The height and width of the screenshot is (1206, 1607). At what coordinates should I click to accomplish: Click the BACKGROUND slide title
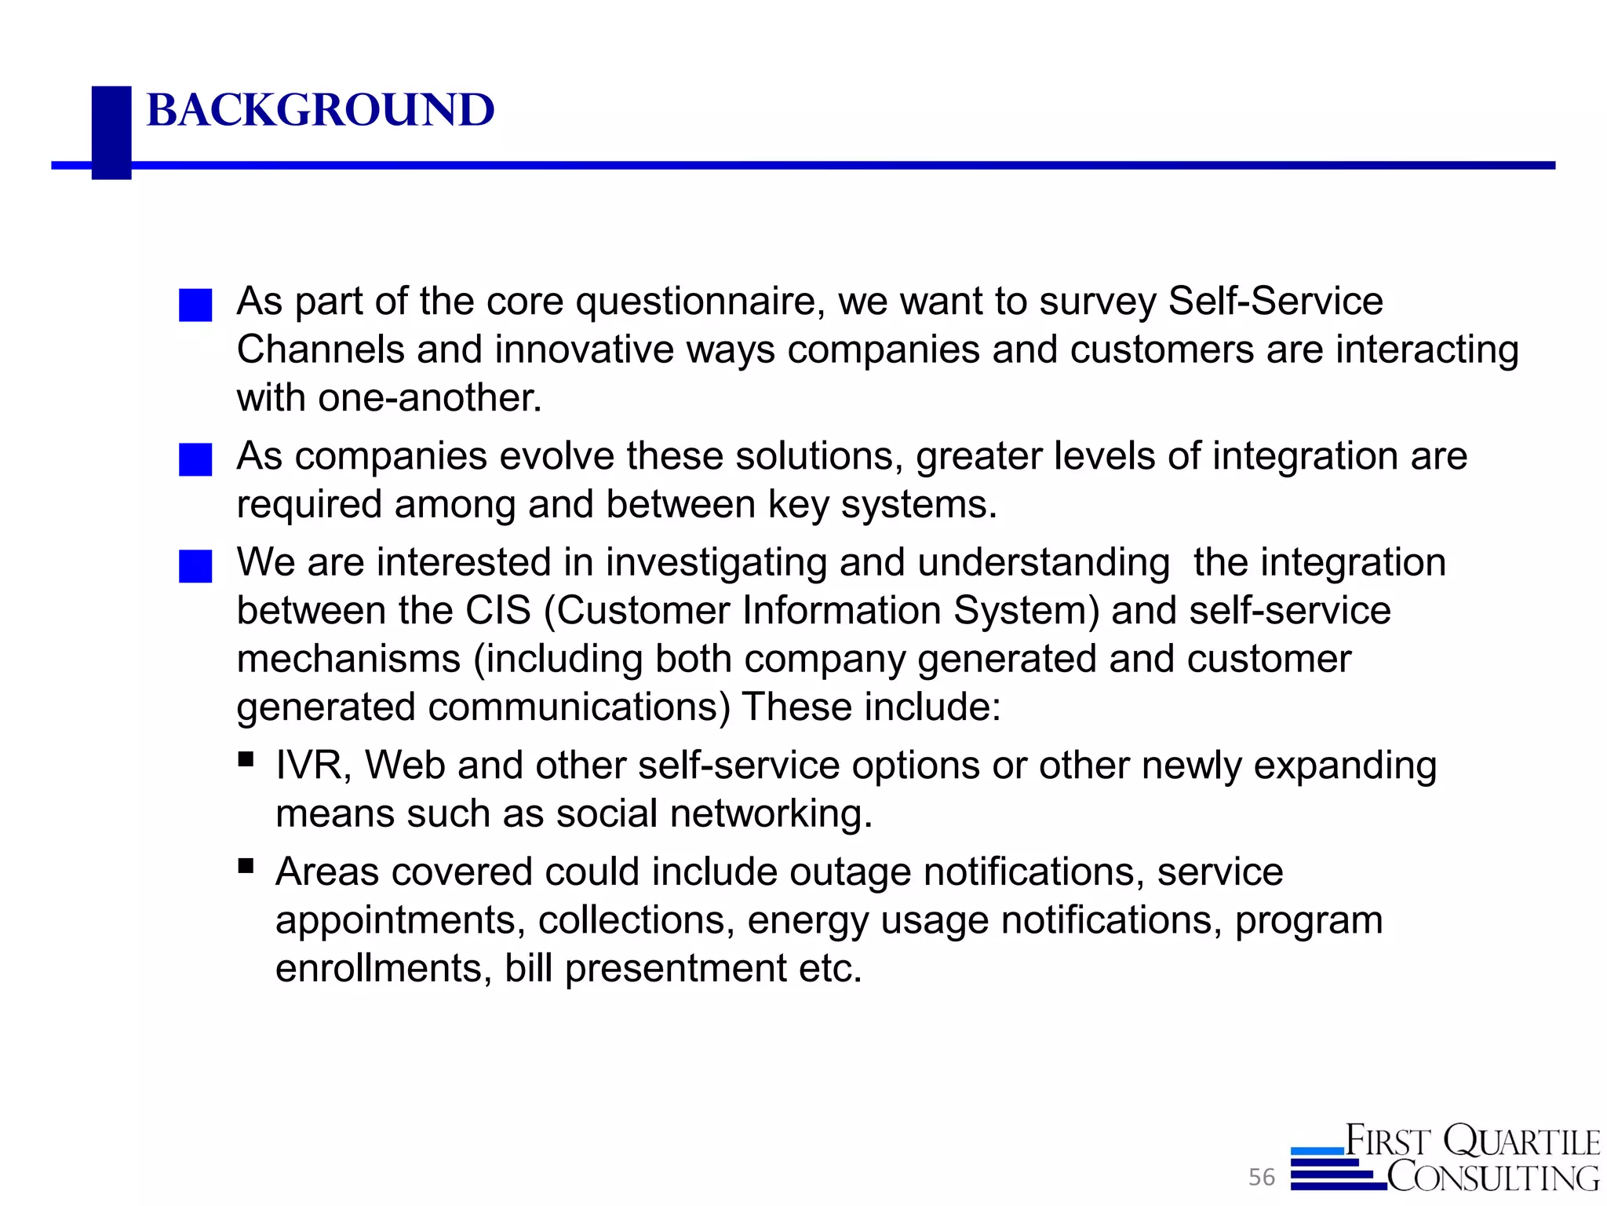coord(320,110)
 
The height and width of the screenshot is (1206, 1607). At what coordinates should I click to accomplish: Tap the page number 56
coord(1262,1177)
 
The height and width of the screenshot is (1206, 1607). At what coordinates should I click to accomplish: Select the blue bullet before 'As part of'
coord(195,305)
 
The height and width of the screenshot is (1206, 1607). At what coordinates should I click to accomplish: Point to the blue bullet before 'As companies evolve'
coord(195,460)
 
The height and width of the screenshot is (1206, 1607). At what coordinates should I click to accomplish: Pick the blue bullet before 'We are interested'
coord(195,566)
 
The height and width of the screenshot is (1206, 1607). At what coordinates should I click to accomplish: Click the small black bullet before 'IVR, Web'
coord(246,759)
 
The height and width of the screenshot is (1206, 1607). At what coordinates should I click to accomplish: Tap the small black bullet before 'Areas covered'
coord(246,866)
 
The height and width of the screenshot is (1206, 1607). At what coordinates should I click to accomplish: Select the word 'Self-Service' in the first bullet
coord(1275,301)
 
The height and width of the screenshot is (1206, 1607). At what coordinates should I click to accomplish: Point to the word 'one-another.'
coord(430,398)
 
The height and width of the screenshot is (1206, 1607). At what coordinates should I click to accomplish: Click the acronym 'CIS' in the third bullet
coord(498,611)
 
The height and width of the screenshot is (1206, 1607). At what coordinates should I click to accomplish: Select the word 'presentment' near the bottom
coord(676,969)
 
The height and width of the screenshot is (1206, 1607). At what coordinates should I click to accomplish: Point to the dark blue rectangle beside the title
coord(111,132)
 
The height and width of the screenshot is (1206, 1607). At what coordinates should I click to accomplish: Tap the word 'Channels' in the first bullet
coord(320,349)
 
